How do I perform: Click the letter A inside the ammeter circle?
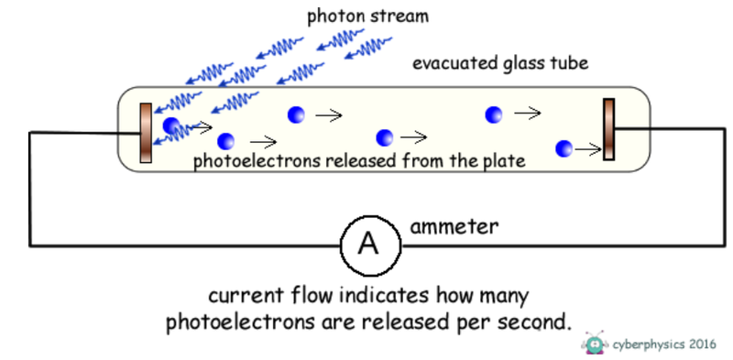[368, 245]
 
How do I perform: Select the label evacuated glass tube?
[500, 64]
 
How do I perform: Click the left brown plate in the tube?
[146, 134]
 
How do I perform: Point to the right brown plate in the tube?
[608, 129]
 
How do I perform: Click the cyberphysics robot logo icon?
[596, 343]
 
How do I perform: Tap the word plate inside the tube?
[504, 162]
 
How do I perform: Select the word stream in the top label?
[404, 16]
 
